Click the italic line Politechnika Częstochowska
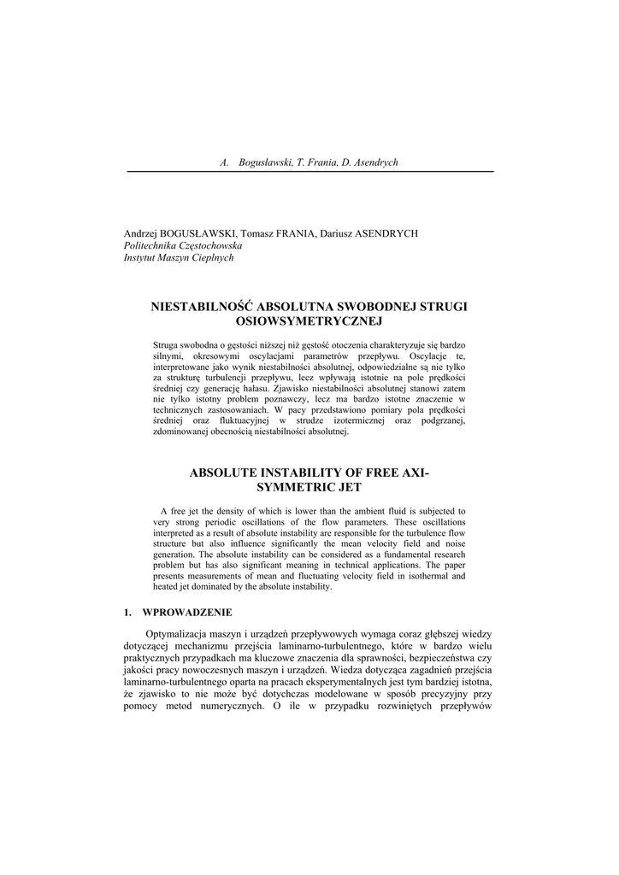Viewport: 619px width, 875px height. point(183,245)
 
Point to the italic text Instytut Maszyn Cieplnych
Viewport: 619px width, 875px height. point(179,257)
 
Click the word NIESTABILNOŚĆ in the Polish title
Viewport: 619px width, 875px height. point(201,305)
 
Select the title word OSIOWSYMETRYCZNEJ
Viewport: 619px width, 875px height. point(309,320)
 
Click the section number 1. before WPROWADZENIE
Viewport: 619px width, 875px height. point(127,613)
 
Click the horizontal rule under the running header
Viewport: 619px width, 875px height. point(309,172)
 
